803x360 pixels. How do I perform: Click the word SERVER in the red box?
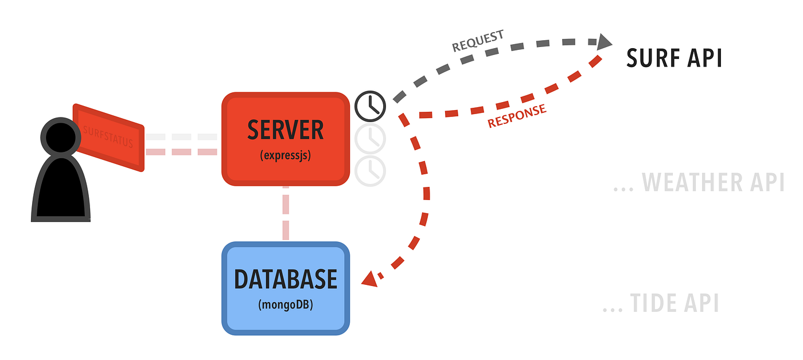(x=286, y=130)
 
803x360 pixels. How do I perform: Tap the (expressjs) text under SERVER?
(x=286, y=155)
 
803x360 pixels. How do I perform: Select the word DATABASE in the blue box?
(x=286, y=279)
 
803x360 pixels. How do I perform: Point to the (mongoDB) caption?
(x=286, y=305)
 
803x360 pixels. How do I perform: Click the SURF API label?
(x=674, y=58)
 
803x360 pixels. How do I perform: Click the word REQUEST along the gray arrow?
(x=478, y=41)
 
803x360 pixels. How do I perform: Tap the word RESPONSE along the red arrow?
(x=517, y=116)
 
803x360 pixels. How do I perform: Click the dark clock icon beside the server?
(x=371, y=106)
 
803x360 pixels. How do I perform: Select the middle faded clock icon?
(x=371, y=138)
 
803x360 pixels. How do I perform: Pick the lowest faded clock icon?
(x=371, y=170)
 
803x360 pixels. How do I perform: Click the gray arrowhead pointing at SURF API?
(x=604, y=41)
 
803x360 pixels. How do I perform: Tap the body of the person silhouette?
(x=61, y=189)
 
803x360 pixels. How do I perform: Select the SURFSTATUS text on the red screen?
(x=108, y=137)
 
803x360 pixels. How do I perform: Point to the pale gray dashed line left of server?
(x=181, y=138)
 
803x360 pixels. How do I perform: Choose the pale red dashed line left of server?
(x=181, y=152)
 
